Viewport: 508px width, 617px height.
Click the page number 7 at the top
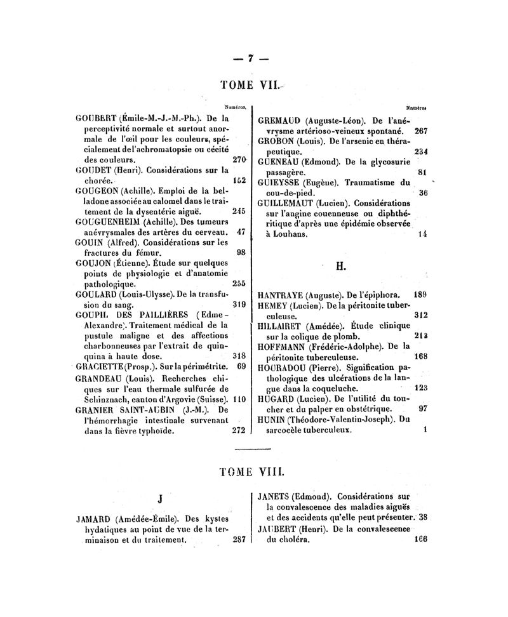[x=251, y=58]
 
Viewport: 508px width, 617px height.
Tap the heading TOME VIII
[x=252, y=472]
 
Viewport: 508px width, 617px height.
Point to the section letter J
[x=161, y=500]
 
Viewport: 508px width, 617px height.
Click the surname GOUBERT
[x=96, y=117]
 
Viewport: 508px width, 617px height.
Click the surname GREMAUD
[x=280, y=119]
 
